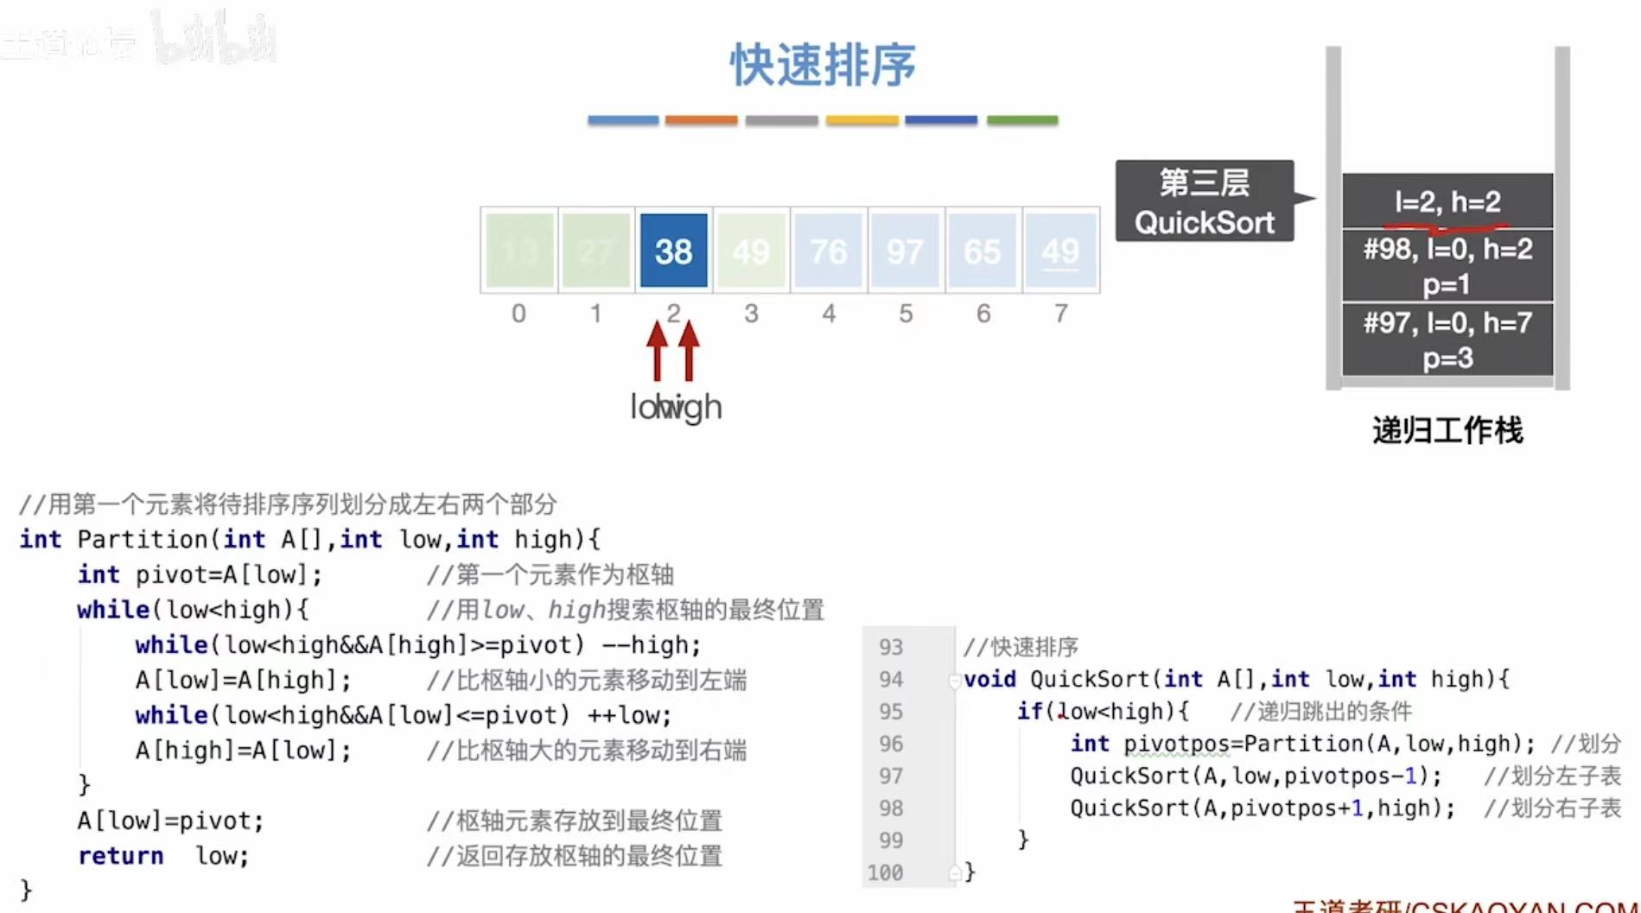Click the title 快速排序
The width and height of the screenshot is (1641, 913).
tap(823, 65)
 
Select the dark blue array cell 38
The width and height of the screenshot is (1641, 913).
tap(673, 251)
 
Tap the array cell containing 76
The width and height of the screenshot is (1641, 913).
tap(828, 251)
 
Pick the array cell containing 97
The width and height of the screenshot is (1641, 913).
tap(905, 251)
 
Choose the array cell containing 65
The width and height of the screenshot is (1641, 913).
tap(983, 251)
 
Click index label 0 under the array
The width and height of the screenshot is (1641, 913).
tap(518, 314)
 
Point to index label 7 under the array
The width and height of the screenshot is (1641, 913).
tap(1060, 314)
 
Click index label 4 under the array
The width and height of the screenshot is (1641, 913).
tap(829, 314)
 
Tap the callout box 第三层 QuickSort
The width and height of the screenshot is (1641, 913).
tap(1204, 201)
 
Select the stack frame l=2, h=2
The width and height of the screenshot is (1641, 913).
tap(1447, 201)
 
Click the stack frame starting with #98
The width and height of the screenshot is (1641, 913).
tap(1447, 265)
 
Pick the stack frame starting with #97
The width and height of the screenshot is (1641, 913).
tap(1447, 339)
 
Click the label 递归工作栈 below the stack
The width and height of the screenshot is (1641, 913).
tap(1447, 430)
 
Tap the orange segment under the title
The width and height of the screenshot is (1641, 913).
tap(701, 120)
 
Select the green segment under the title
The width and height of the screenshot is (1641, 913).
tap(1022, 120)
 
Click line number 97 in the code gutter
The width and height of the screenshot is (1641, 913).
tap(891, 776)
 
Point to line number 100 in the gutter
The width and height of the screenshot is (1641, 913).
tap(886, 872)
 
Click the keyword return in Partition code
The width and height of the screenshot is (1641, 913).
tap(120, 856)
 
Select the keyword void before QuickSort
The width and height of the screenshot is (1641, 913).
tap(989, 680)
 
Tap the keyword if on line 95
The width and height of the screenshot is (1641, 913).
tap(1029, 712)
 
